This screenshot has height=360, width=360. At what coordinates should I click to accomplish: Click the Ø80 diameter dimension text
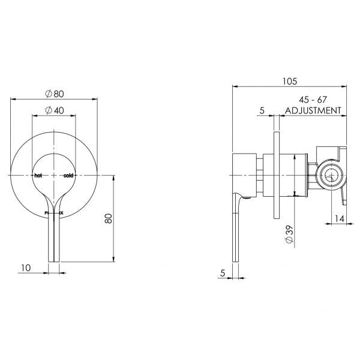tap(55, 94)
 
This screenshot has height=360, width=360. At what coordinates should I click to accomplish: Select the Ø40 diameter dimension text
tap(55, 111)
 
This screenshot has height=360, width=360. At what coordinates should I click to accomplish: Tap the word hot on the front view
tap(38, 175)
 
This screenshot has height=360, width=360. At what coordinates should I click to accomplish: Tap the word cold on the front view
tap(68, 175)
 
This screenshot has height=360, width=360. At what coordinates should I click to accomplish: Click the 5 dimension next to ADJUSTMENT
tap(262, 110)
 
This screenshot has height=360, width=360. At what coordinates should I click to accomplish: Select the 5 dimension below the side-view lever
tap(223, 272)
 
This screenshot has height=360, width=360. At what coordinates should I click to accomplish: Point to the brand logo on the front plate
tap(53, 212)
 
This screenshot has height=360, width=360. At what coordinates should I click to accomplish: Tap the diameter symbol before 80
tap(47, 94)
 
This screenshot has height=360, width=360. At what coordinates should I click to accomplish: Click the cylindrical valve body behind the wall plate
tap(294, 175)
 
